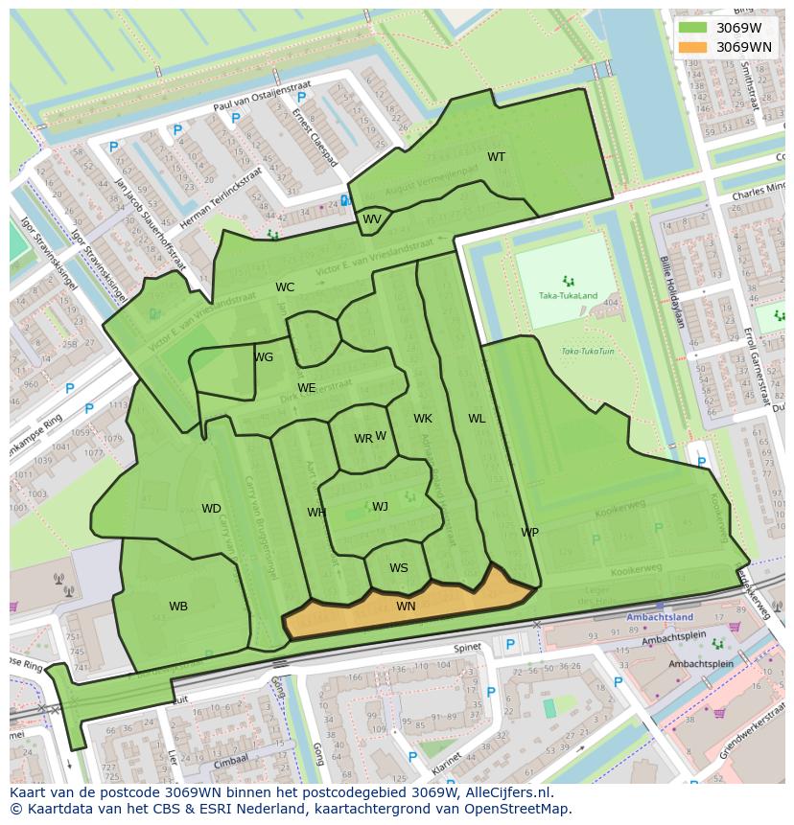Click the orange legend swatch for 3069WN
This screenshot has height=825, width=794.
tap(692, 47)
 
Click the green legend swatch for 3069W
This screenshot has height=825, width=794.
tap(692, 28)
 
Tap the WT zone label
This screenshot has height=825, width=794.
tap(496, 157)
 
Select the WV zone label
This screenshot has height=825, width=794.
tap(372, 219)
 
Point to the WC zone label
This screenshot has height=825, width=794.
tap(285, 287)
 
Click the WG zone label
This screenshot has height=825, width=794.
tap(264, 357)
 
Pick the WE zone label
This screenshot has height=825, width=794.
tap(306, 388)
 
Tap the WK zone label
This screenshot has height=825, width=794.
tap(423, 419)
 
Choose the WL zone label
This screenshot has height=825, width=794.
tap(477, 419)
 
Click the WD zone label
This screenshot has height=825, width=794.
tap(211, 509)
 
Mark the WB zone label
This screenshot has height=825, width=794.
tap(178, 607)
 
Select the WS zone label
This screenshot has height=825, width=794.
tap(398, 568)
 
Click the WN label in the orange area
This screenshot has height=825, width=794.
tap(406, 607)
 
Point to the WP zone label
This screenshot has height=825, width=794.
tap(529, 533)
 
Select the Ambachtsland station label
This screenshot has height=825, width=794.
tap(659, 618)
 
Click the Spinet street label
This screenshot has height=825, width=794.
tap(468, 648)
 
